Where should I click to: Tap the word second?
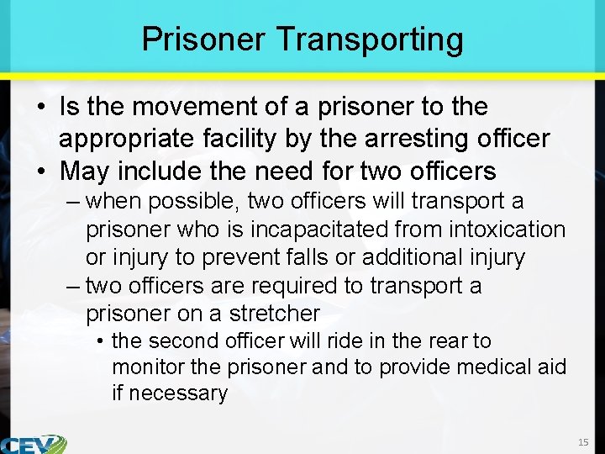(x=180, y=340)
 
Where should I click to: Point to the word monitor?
(x=148, y=367)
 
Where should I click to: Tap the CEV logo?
(x=34, y=444)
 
